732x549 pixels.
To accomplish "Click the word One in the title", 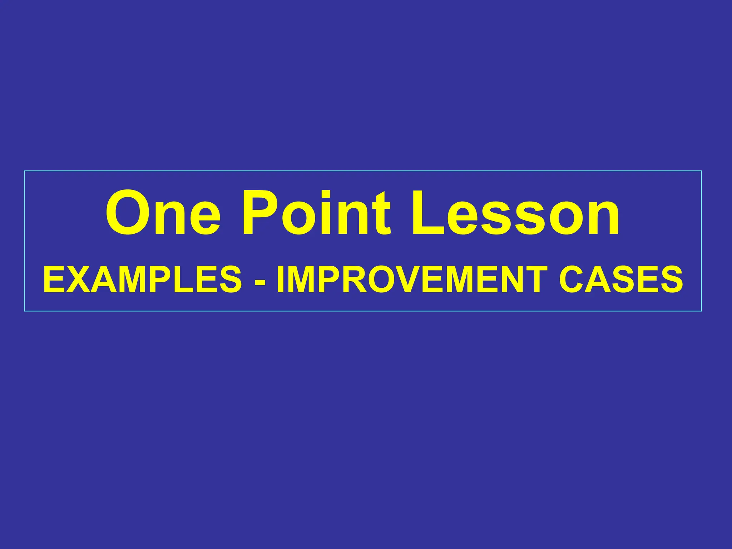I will pyautogui.click(x=163, y=214).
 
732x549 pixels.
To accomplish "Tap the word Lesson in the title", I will pyautogui.click(x=515, y=214).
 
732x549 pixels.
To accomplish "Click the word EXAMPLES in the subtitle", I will pyautogui.click(x=143, y=280).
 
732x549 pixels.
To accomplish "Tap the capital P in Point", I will pyautogui.click(x=260, y=214).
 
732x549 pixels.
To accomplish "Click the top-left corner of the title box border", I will pyautogui.click(x=25, y=171).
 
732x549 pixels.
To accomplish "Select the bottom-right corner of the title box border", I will pyautogui.click(x=701, y=311).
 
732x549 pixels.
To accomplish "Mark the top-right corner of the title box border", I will pyautogui.click(x=701, y=171).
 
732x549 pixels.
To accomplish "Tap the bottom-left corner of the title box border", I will pyautogui.click(x=25, y=311).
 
